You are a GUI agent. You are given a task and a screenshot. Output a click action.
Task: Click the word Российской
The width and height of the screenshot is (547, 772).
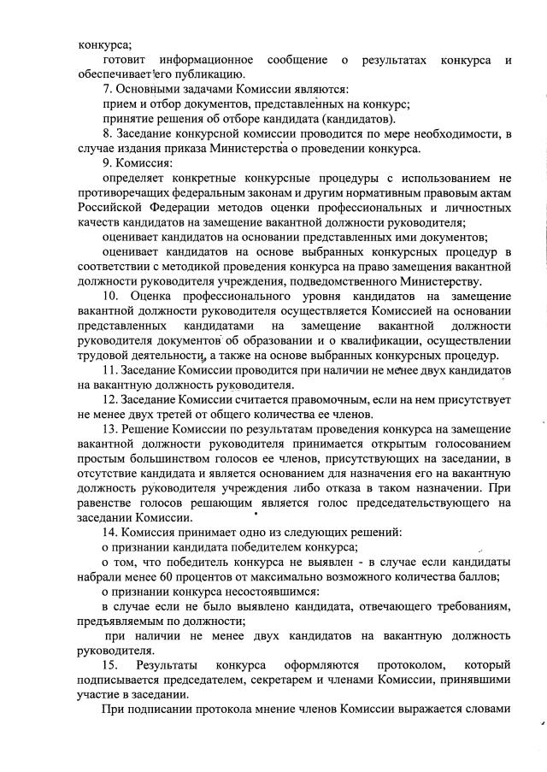coord(110,208)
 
